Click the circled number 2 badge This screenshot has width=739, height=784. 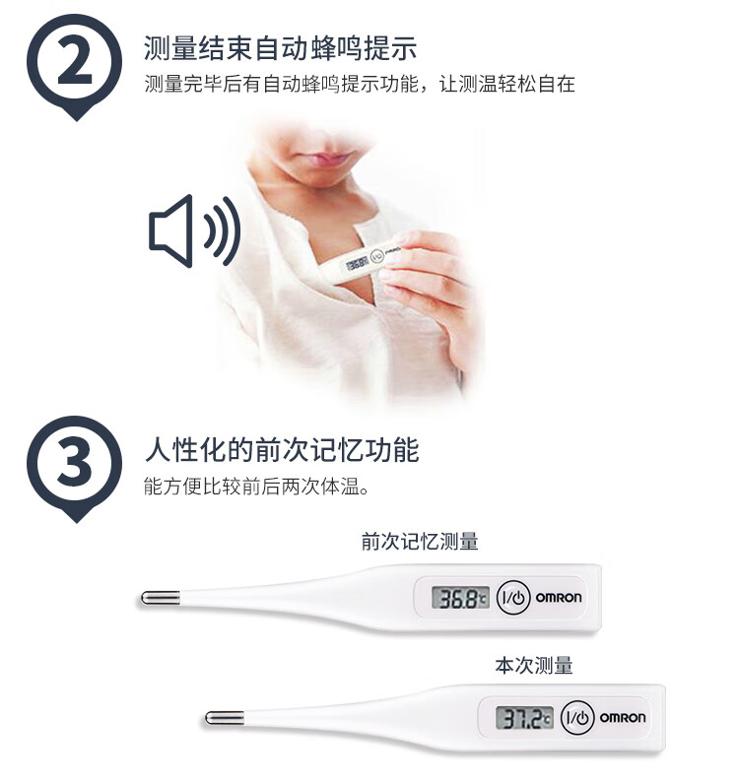pyautogui.click(x=75, y=62)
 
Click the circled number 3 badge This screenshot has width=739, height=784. pyautogui.click(x=75, y=465)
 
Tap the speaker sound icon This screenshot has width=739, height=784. pyautogui.click(x=194, y=230)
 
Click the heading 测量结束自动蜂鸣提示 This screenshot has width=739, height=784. pyautogui.click(x=280, y=48)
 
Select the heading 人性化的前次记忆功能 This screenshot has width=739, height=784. pyautogui.click(x=282, y=450)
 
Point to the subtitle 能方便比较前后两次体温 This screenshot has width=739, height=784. pyautogui.click(x=256, y=486)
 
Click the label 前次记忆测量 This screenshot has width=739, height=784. pyautogui.click(x=420, y=542)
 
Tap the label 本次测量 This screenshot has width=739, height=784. pyautogui.click(x=534, y=666)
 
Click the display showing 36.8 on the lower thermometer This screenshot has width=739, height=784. pyautogui.click(x=460, y=598)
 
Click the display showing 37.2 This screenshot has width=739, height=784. pyautogui.click(x=524, y=718)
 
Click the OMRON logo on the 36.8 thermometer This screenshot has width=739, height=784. pyautogui.click(x=559, y=598)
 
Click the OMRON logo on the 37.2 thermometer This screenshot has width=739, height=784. pyautogui.click(x=623, y=718)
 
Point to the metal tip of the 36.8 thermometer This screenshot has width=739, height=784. pyautogui.click(x=160, y=598)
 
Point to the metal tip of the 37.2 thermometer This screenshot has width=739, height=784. pyautogui.click(x=224, y=718)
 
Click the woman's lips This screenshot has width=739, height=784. pyautogui.click(x=328, y=160)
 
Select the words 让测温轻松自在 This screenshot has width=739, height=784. pyautogui.click(x=507, y=84)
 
